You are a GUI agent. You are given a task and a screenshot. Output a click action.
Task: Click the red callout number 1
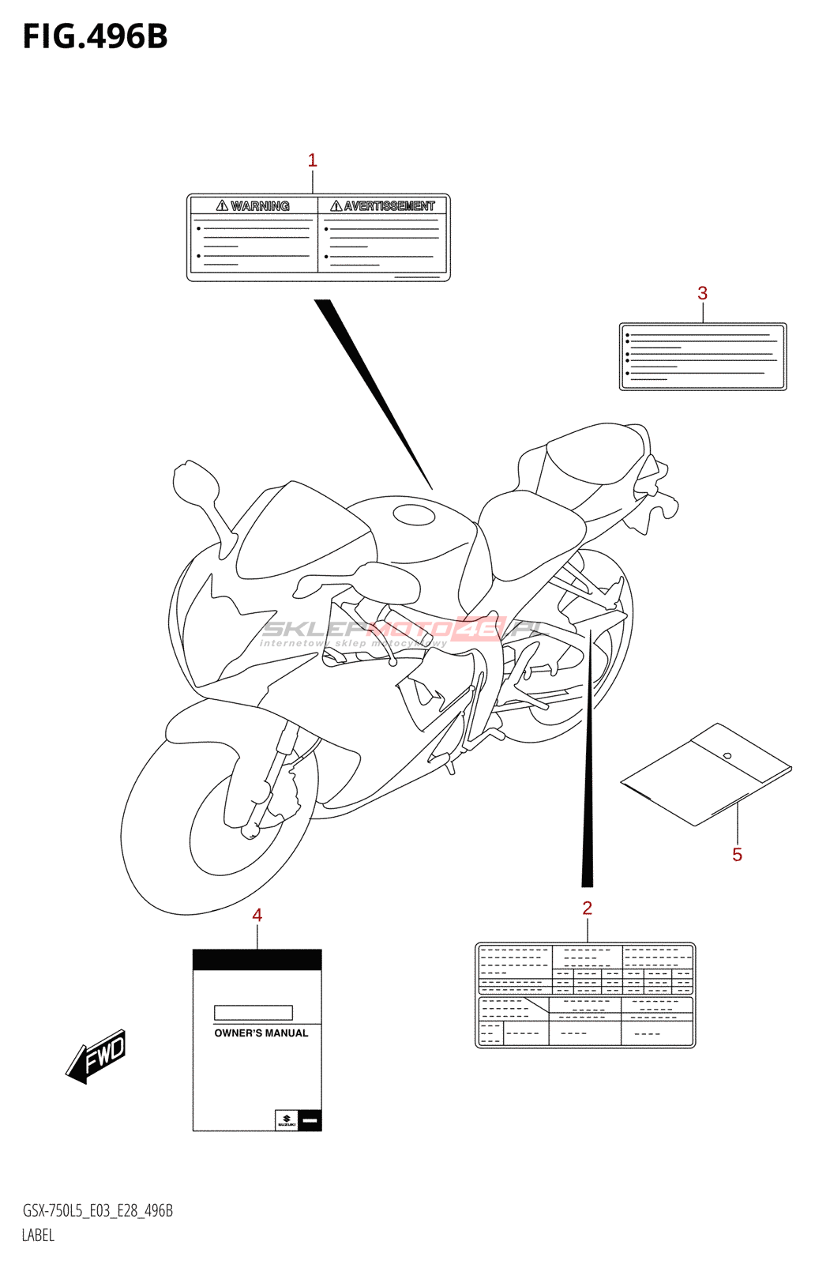click(x=312, y=160)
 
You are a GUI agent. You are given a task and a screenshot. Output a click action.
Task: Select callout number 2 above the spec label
click(x=587, y=908)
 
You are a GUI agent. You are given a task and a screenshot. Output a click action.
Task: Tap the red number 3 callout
click(x=702, y=293)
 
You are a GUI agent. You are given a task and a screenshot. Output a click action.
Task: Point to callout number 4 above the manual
click(x=257, y=915)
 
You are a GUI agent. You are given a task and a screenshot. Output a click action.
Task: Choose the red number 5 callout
click(x=737, y=855)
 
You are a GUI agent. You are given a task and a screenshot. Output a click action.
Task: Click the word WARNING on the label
click(x=260, y=206)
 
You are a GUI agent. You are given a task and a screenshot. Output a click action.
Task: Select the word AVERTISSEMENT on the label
click(x=389, y=206)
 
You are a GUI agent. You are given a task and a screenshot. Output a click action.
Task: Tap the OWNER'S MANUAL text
click(x=261, y=1033)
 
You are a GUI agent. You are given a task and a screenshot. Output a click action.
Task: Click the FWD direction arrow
click(x=97, y=1055)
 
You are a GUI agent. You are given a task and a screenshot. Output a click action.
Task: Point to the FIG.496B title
click(x=96, y=37)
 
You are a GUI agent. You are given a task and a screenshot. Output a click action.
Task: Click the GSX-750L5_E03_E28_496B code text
click(x=98, y=1211)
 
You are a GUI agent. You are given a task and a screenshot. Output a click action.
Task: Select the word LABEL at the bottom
click(x=38, y=1236)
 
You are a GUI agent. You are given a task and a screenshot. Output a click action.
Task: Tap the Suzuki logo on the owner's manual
click(x=286, y=1120)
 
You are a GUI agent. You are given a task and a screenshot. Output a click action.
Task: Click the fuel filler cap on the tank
click(x=414, y=515)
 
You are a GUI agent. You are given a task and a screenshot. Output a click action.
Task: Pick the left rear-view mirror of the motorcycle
click(x=195, y=483)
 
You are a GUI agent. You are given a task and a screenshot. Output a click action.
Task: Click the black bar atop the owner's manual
click(x=257, y=959)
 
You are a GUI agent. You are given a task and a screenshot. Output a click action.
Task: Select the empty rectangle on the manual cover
click(x=253, y=1012)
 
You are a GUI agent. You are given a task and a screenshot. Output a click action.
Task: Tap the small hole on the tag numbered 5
click(x=727, y=756)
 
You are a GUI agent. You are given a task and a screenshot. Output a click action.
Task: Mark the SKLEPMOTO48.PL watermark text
click(x=403, y=630)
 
